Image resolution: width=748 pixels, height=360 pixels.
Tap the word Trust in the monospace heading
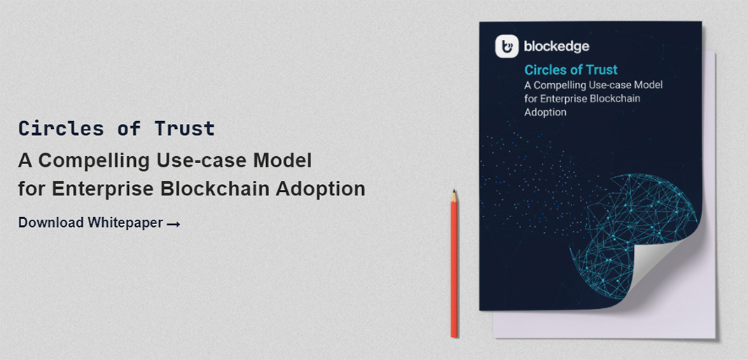point(185,129)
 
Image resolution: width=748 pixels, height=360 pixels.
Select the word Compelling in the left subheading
point(94,161)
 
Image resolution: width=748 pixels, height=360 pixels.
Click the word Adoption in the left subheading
point(321,189)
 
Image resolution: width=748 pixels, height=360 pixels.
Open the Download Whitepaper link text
point(90,223)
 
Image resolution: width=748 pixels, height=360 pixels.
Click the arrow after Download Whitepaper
point(174,223)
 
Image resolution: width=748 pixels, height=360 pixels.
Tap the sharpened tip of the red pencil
point(454,191)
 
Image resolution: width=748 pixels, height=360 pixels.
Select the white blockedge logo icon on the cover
point(506,46)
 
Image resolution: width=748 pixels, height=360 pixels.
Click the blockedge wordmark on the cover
point(556,46)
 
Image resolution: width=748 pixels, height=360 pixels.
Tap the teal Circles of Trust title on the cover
point(571,70)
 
